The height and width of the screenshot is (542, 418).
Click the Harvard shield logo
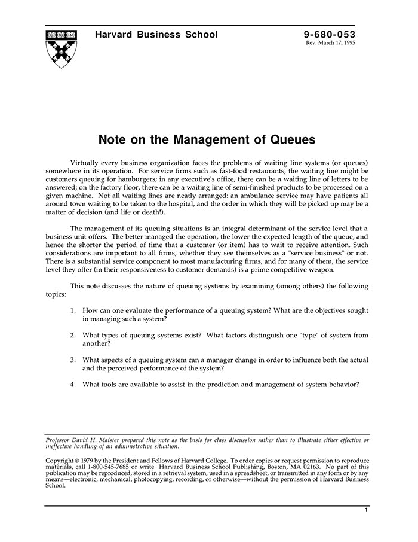(61, 47)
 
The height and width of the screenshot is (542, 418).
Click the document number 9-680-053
(330, 35)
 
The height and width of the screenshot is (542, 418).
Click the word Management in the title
(207, 141)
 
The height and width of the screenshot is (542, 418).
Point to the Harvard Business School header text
(156, 35)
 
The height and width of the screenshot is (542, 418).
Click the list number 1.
(72, 311)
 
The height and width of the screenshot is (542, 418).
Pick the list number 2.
(72, 336)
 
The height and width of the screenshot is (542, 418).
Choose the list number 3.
(72, 360)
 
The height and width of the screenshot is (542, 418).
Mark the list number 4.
(72, 385)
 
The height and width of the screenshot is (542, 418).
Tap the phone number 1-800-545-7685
(106, 466)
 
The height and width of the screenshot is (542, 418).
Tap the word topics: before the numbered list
(57, 294)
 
